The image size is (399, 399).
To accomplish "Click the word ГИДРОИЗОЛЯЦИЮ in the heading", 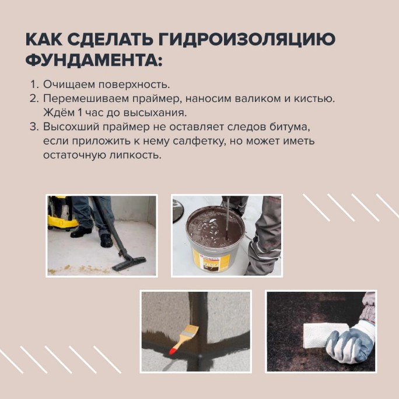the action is (x=247, y=39).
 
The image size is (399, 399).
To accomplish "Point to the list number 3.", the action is (x=34, y=127).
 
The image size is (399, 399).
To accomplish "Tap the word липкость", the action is (x=135, y=155).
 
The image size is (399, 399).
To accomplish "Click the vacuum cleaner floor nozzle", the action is (x=129, y=263).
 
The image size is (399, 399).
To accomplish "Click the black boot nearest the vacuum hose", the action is (x=107, y=240).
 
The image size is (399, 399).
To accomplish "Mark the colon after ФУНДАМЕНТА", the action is (x=160, y=61).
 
